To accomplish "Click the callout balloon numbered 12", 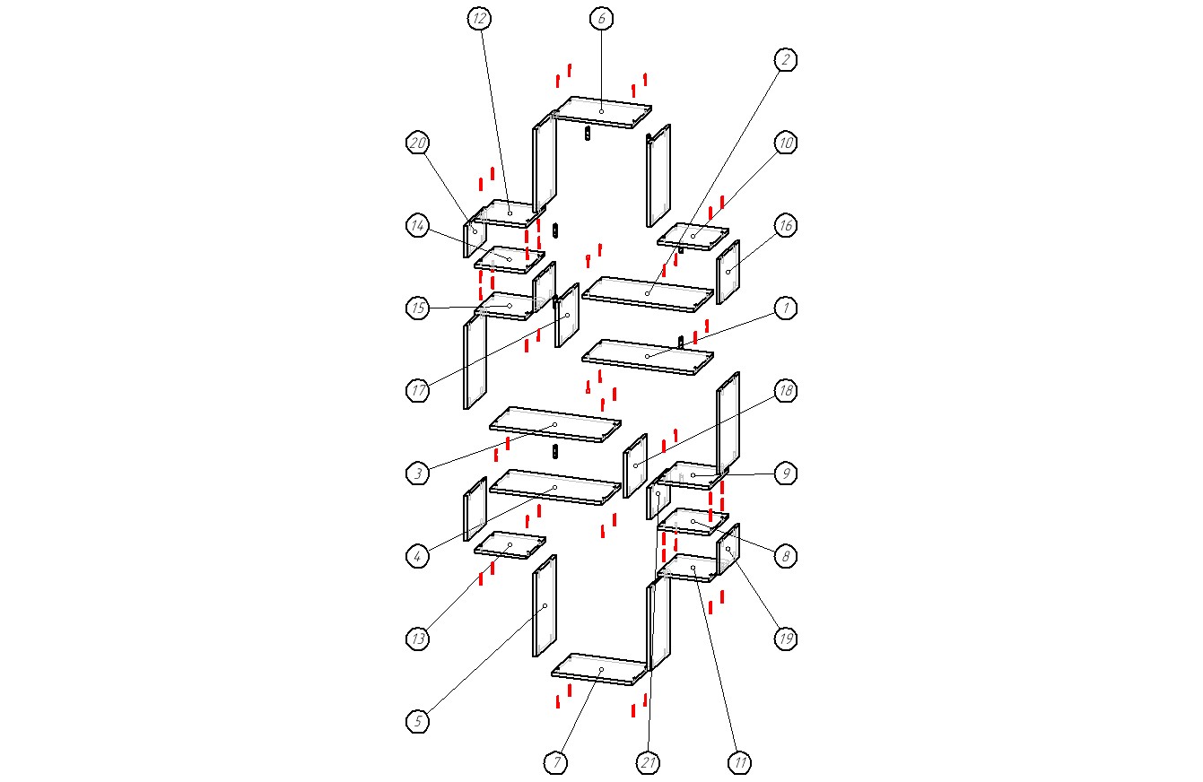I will coord(478,19).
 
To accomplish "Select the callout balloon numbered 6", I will coord(601,19).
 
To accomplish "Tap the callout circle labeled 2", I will coord(785,60).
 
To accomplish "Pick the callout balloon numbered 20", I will coord(417,143).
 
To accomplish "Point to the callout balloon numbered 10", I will coord(785,143).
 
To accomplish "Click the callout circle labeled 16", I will coord(785,225).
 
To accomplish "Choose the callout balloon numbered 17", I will coord(417,391).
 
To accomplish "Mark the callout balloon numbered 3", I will coord(417,474).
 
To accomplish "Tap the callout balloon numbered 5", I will coord(417,721).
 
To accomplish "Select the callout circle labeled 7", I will coord(556,763).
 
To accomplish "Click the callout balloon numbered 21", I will coord(649,763).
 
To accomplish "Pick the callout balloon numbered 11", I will coord(740,763).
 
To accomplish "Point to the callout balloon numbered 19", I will coord(785,639).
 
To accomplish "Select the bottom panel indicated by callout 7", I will coord(599,670).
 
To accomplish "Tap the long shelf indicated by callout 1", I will coord(648,357).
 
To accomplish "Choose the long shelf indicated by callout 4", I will coord(555,487).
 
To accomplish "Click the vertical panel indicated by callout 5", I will coord(545,606).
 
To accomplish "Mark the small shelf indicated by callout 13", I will coord(510,544).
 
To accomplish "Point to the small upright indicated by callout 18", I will coord(635,465).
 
